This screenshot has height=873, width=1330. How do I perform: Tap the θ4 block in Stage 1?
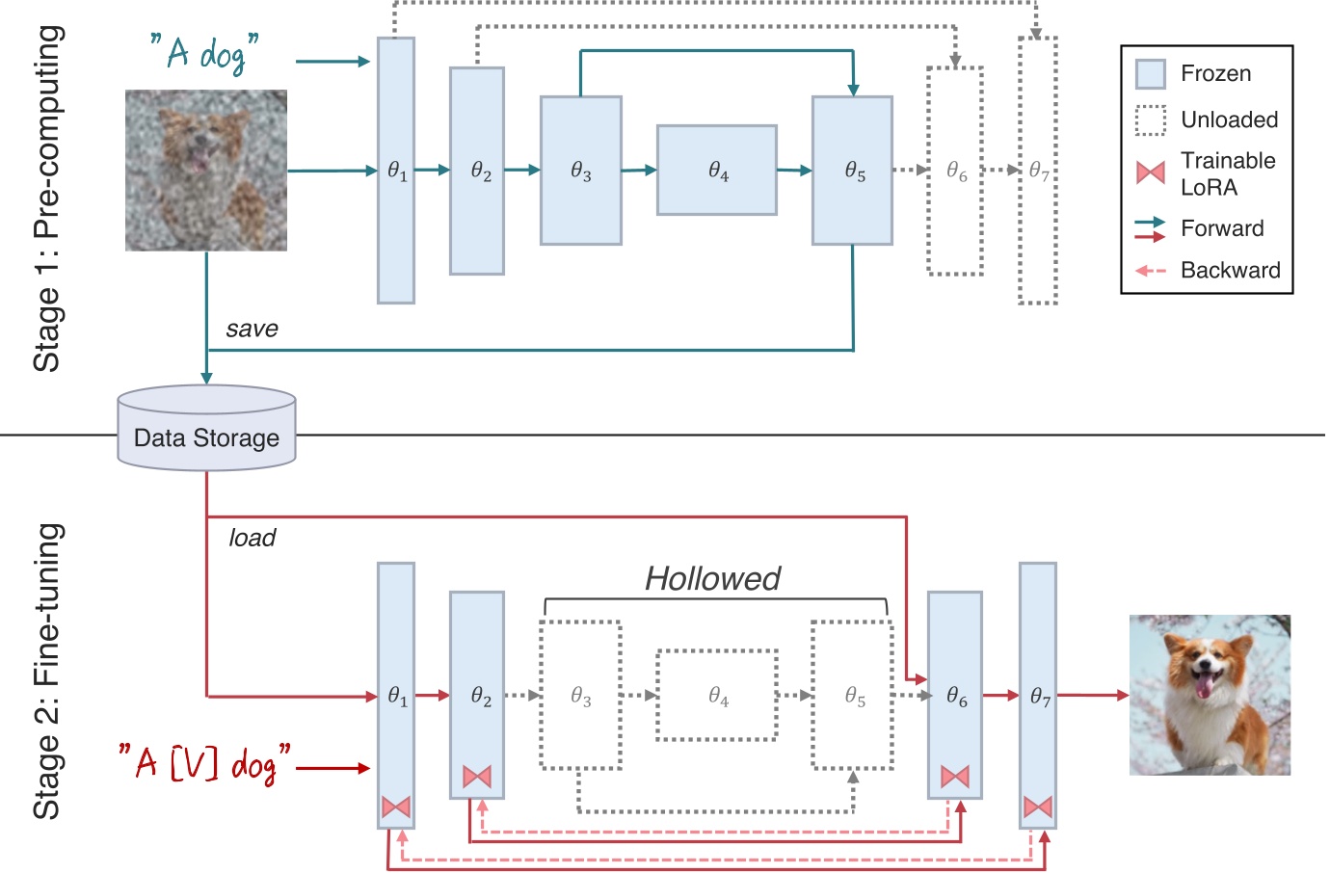pos(717,171)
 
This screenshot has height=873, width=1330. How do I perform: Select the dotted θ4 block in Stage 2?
pos(717,695)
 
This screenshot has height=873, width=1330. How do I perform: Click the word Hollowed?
pos(712,578)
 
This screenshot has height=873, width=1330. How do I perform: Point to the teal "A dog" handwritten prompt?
pos(204,52)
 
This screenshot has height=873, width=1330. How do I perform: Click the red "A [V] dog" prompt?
pos(204,763)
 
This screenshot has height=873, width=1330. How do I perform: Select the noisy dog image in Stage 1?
pos(206,171)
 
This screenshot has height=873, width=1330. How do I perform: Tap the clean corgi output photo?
pos(1210,695)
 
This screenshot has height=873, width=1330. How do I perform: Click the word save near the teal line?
pos(252,329)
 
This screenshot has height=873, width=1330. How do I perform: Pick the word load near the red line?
pos(252,538)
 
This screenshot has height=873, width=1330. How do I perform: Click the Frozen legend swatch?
pos(1151,74)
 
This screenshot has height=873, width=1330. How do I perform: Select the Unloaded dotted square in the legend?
pos(1151,120)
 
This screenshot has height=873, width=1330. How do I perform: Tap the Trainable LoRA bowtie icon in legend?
pos(1151,172)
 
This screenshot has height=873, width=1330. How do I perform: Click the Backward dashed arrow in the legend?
pos(1151,271)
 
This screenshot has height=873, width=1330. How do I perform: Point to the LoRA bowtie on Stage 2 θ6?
pos(954,776)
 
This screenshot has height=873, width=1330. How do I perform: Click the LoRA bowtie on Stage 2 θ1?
pos(396,807)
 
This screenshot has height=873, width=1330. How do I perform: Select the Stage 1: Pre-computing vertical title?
pos(47,198)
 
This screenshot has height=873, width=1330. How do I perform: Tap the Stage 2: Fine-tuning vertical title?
pos(47,672)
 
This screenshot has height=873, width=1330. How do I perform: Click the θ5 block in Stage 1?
pos(852,171)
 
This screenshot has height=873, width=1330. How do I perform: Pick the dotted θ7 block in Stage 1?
pos(1037,171)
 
